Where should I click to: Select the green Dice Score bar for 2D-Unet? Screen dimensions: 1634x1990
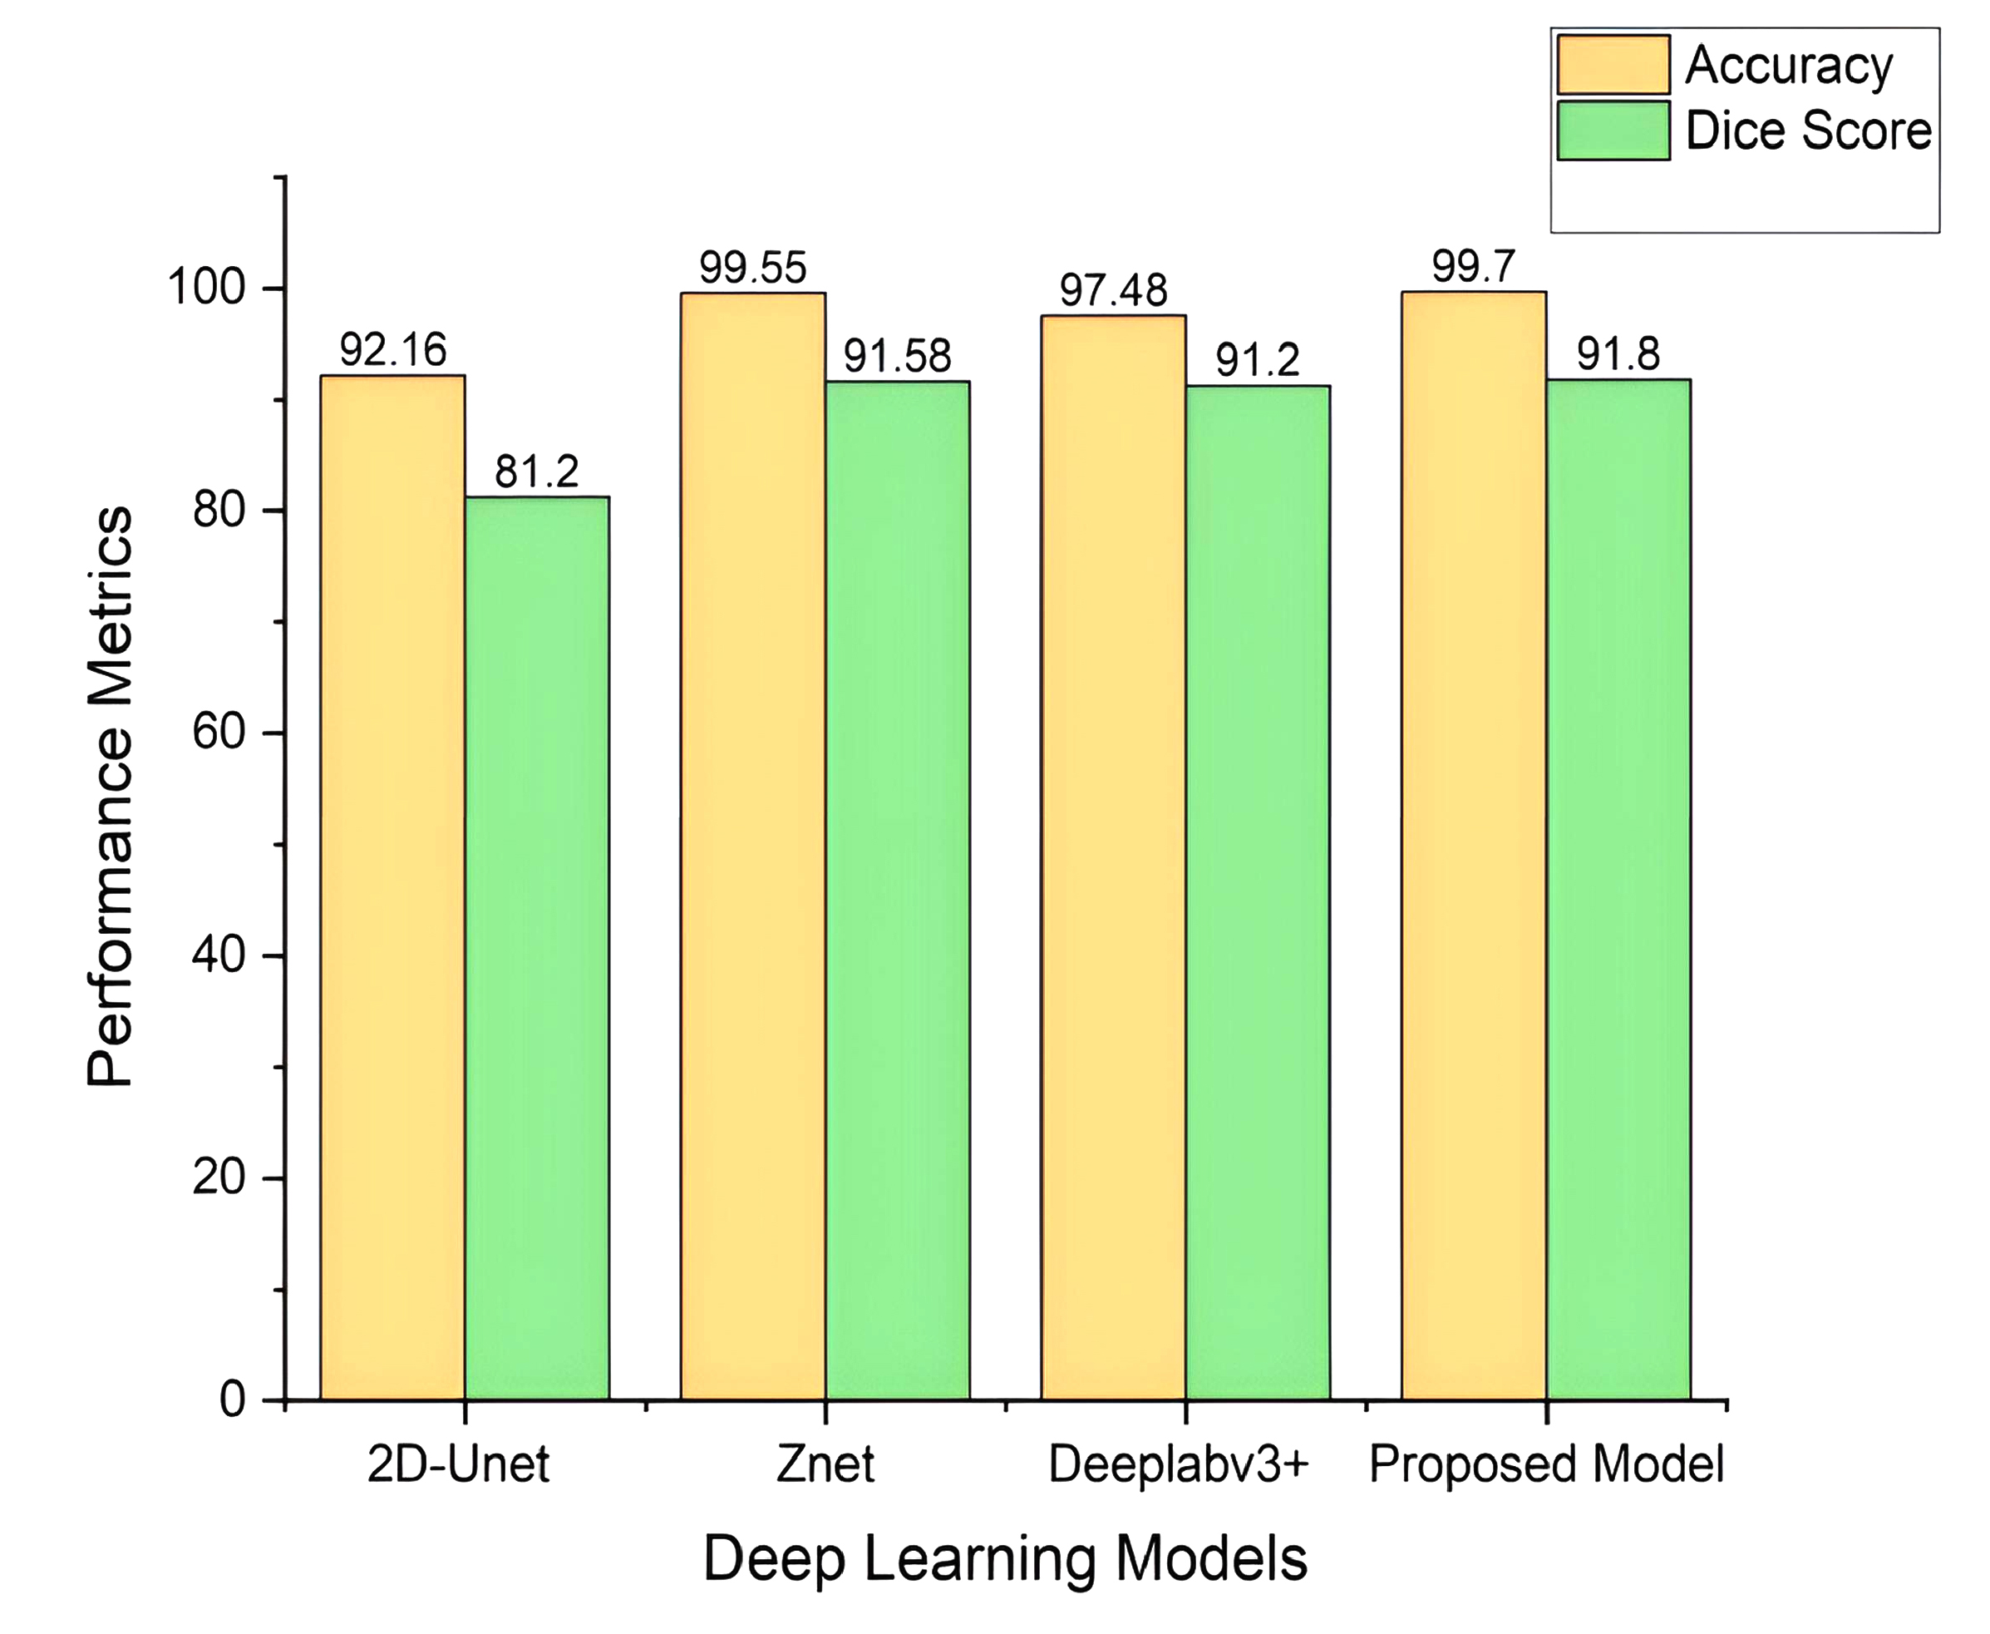[x=536, y=947]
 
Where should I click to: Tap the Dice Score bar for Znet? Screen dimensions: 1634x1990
[x=897, y=890]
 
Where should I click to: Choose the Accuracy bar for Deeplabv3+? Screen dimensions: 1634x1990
[x=1113, y=856]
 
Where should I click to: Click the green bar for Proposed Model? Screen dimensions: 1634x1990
[x=1618, y=889]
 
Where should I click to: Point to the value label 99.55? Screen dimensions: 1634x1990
[x=753, y=269]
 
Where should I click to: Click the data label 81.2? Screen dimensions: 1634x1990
[x=536, y=471]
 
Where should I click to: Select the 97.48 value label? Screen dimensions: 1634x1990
[x=1113, y=291]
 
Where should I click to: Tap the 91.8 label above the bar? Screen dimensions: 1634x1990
[x=1618, y=354]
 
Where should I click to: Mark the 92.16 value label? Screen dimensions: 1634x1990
[x=392, y=350]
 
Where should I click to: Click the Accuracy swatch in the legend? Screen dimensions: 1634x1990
[x=1613, y=65]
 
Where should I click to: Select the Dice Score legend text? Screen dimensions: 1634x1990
[x=1807, y=131]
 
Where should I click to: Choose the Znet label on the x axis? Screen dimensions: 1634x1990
[x=825, y=1464]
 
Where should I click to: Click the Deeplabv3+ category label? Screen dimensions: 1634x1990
[x=1179, y=1464]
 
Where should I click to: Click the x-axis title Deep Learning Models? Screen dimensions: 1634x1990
[x=1005, y=1558]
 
